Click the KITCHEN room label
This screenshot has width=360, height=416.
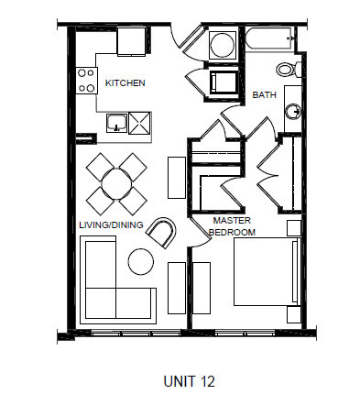pos(125,83)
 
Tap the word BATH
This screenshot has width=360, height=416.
pos(265,93)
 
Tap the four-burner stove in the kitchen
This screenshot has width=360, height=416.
pos(87,81)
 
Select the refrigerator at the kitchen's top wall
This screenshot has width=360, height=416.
pos(131,40)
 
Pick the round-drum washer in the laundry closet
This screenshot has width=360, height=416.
pos(222,44)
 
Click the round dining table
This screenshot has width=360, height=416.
pos(116,182)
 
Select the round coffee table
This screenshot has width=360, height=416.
pos(140,261)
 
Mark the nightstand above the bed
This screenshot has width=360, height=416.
pos(293,228)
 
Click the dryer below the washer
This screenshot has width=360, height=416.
pos(223,82)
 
